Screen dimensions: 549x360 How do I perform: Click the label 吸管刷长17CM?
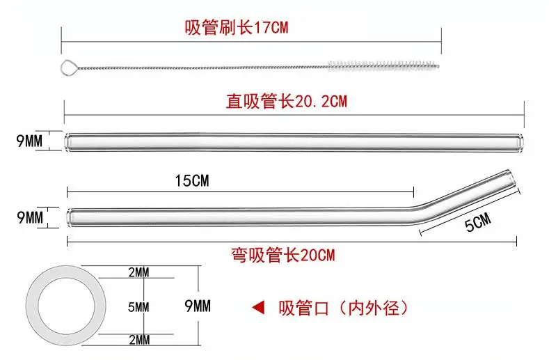pyautogui.click(x=236, y=28)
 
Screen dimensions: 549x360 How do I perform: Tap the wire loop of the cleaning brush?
pyautogui.click(x=70, y=67)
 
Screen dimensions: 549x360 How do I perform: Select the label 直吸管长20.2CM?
pyautogui.click(x=286, y=102)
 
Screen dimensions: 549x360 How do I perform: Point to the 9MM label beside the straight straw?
pyautogui.click(x=29, y=141)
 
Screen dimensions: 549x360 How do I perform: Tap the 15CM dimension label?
pyautogui.click(x=191, y=182)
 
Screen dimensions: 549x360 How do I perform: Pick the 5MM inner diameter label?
pyautogui.click(x=139, y=306)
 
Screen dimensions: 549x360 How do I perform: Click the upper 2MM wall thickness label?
pyautogui.click(x=139, y=273)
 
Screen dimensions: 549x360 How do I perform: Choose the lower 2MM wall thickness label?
pyautogui.click(x=139, y=340)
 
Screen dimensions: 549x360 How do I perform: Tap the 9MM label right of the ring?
pyautogui.click(x=197, y=306)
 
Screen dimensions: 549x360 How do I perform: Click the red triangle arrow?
pyautogui.click(x=258, y=306)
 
